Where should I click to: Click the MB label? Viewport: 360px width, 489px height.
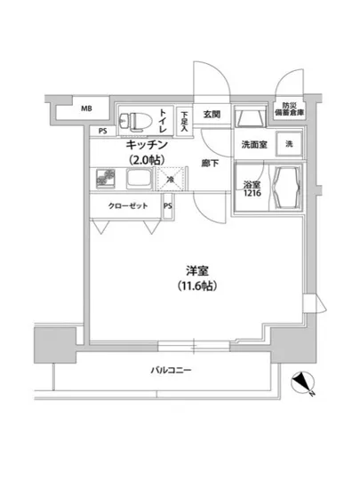point(86,109)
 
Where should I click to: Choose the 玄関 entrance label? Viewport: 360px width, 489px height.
point(211,114)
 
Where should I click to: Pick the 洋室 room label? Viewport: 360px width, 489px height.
point(196,269)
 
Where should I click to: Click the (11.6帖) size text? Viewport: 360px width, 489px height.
point(196,286)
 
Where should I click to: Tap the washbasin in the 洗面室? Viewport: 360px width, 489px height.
point(250,116)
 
